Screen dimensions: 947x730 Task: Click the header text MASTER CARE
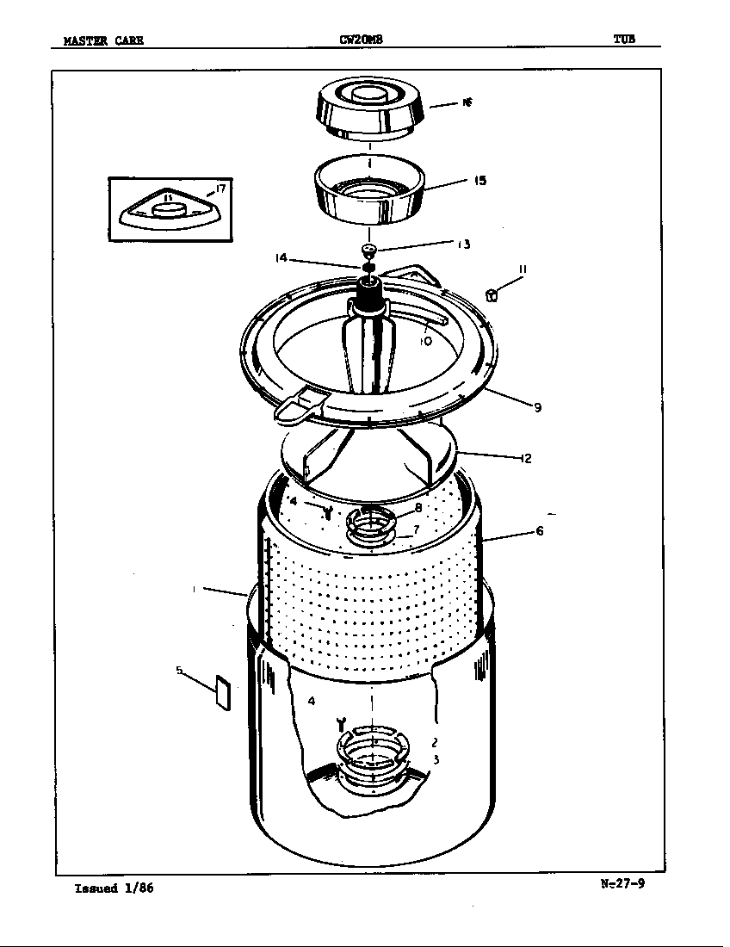point(103,40)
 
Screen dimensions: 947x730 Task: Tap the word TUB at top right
point(624,39)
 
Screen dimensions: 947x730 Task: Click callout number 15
point(479,181)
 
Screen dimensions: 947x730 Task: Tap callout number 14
point(281,257)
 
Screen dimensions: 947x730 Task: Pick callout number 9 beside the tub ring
point(537,407)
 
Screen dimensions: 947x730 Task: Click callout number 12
point(525,458)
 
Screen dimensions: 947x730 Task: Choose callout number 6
point(540,531)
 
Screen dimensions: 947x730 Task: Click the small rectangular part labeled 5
point(221,693)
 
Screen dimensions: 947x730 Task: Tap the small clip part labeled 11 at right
point(492,295)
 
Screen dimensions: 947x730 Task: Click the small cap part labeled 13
point(369,250)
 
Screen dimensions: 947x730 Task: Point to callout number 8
point(418,508)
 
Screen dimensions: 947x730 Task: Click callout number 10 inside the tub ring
point(425,341)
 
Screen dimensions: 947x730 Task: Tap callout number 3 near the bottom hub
point(436,759)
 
